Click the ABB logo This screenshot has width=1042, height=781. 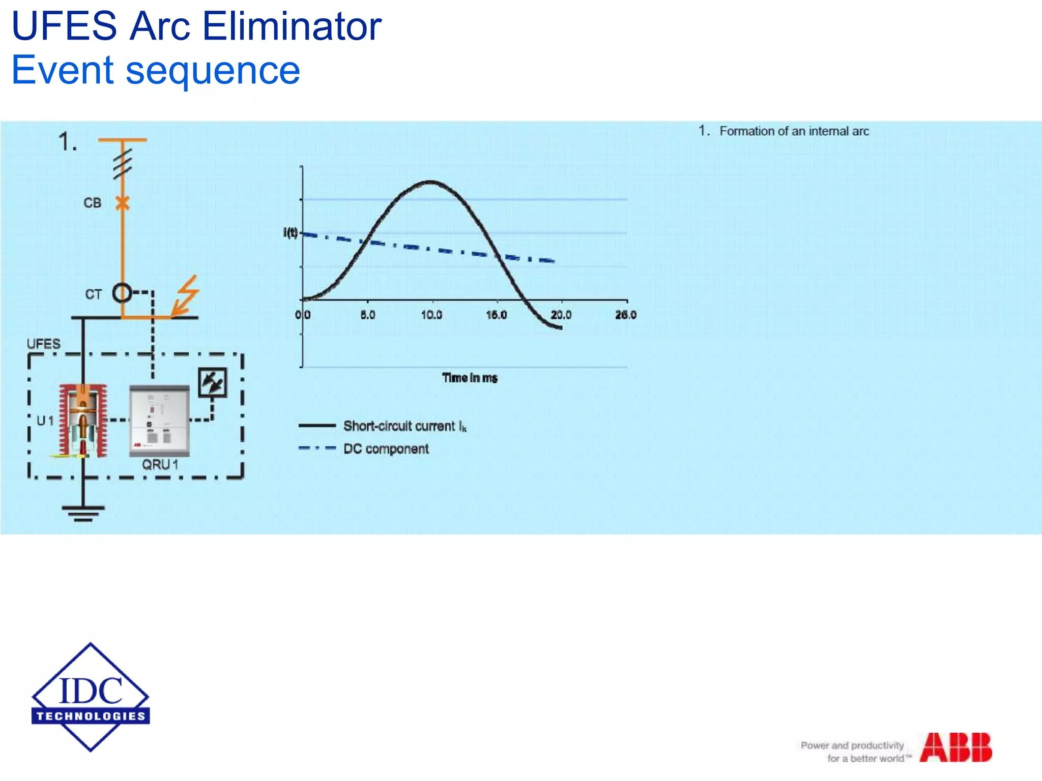pyautogui.click(x=956, y=747)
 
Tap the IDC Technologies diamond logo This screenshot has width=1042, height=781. pyautogui.click(x=91, y=697)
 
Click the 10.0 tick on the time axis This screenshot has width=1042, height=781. pyautogui.click(x=431, y=315)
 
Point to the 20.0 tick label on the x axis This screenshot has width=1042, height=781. pyautogui.click(x=561, y=315)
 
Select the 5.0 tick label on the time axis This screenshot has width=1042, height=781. pyautogui.click(x=367, y=315)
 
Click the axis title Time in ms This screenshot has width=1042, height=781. pyautogui.click(x=470, y=378)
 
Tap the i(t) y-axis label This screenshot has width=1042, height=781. pyautogui.click(x=291, y=233)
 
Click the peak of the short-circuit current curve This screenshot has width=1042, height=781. pyautogui.click(x=430, y=182)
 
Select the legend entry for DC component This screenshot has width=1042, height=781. pyautogui.click(x=386, y=449)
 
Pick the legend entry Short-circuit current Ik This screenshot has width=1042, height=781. pyautogui.click(x=404, y=426)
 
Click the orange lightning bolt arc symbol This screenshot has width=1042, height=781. pyautogui.click(x=185, y=296)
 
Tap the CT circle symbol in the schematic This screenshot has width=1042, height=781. pyautogui.click(x=122, y=293)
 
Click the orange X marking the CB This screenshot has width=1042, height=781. pyautogui.click(x=122, y=203)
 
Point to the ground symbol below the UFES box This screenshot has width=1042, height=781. pyautogui.click(x=83, y=513)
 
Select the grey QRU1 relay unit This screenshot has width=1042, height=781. pyautogui.click(x=159, y=420)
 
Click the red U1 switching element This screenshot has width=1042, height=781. pyautogui.click(x=83, y=420)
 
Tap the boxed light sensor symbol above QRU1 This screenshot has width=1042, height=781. pyautogui.click(x=212, y=382)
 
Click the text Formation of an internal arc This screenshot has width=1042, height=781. pyautogui.click(x=794, y=131)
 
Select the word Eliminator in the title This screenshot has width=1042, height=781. pyautogui.click(x=292, y=26)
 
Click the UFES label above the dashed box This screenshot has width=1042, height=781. pyautogui.click(x=43, y=344)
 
